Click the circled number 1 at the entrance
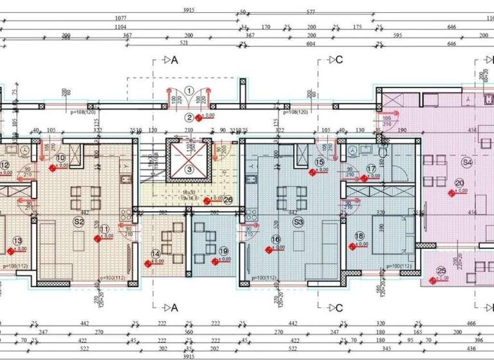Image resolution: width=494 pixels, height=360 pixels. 189,91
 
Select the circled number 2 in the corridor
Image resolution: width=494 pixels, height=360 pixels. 189,117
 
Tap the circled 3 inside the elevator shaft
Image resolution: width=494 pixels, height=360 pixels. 189,169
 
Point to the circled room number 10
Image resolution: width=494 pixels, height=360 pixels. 61,157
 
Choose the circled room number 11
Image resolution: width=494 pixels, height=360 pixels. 105,228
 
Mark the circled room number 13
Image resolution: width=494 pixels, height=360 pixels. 17,241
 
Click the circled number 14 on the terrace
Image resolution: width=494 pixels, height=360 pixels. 155,253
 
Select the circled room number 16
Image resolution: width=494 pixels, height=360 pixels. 276,240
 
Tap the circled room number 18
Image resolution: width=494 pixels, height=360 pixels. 359,236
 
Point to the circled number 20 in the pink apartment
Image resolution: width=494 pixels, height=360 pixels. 459,183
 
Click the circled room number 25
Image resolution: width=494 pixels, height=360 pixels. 441,271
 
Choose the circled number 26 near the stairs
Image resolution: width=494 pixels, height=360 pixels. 228,200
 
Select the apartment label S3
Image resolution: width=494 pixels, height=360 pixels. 298,222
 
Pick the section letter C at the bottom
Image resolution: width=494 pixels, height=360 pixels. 338,307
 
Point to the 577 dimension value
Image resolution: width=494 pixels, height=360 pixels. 310,12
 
